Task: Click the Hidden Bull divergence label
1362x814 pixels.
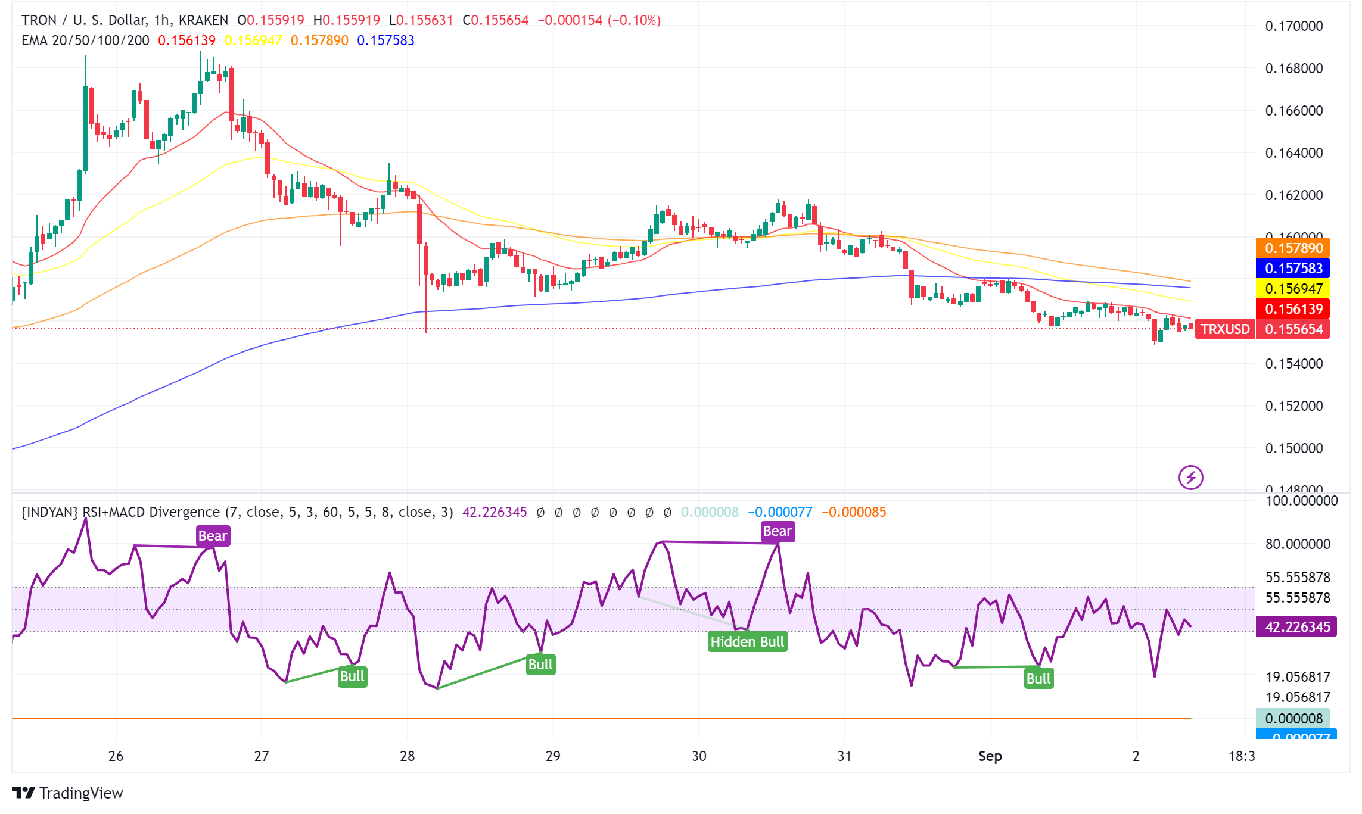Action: (747, 641)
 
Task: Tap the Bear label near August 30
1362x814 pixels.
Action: (777, 531)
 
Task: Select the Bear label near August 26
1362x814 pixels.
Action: (212, 536)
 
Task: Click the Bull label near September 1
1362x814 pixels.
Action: (1038, 678)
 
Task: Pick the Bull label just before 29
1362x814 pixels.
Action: (540, 664)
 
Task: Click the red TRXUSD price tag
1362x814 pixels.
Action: (1225, 329)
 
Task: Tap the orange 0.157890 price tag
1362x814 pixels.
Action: (1293, 248)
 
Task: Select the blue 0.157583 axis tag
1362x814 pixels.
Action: (1293, 269)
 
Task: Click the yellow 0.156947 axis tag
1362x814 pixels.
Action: (1293, 289)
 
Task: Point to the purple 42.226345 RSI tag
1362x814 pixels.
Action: (1296, 627)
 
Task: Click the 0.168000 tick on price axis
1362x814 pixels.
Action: (1293, 68)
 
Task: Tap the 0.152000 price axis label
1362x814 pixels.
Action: (1293, 406)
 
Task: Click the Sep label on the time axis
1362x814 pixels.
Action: (990, 756)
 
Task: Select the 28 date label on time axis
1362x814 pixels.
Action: (407, 756)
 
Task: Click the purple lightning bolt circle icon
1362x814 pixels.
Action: (1190, 478)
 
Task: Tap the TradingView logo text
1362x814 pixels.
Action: (81, 793)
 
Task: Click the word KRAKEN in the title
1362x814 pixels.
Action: (203, 20)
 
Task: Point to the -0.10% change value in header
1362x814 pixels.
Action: (634, 20)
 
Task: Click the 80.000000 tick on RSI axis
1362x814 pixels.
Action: (1297, 544)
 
